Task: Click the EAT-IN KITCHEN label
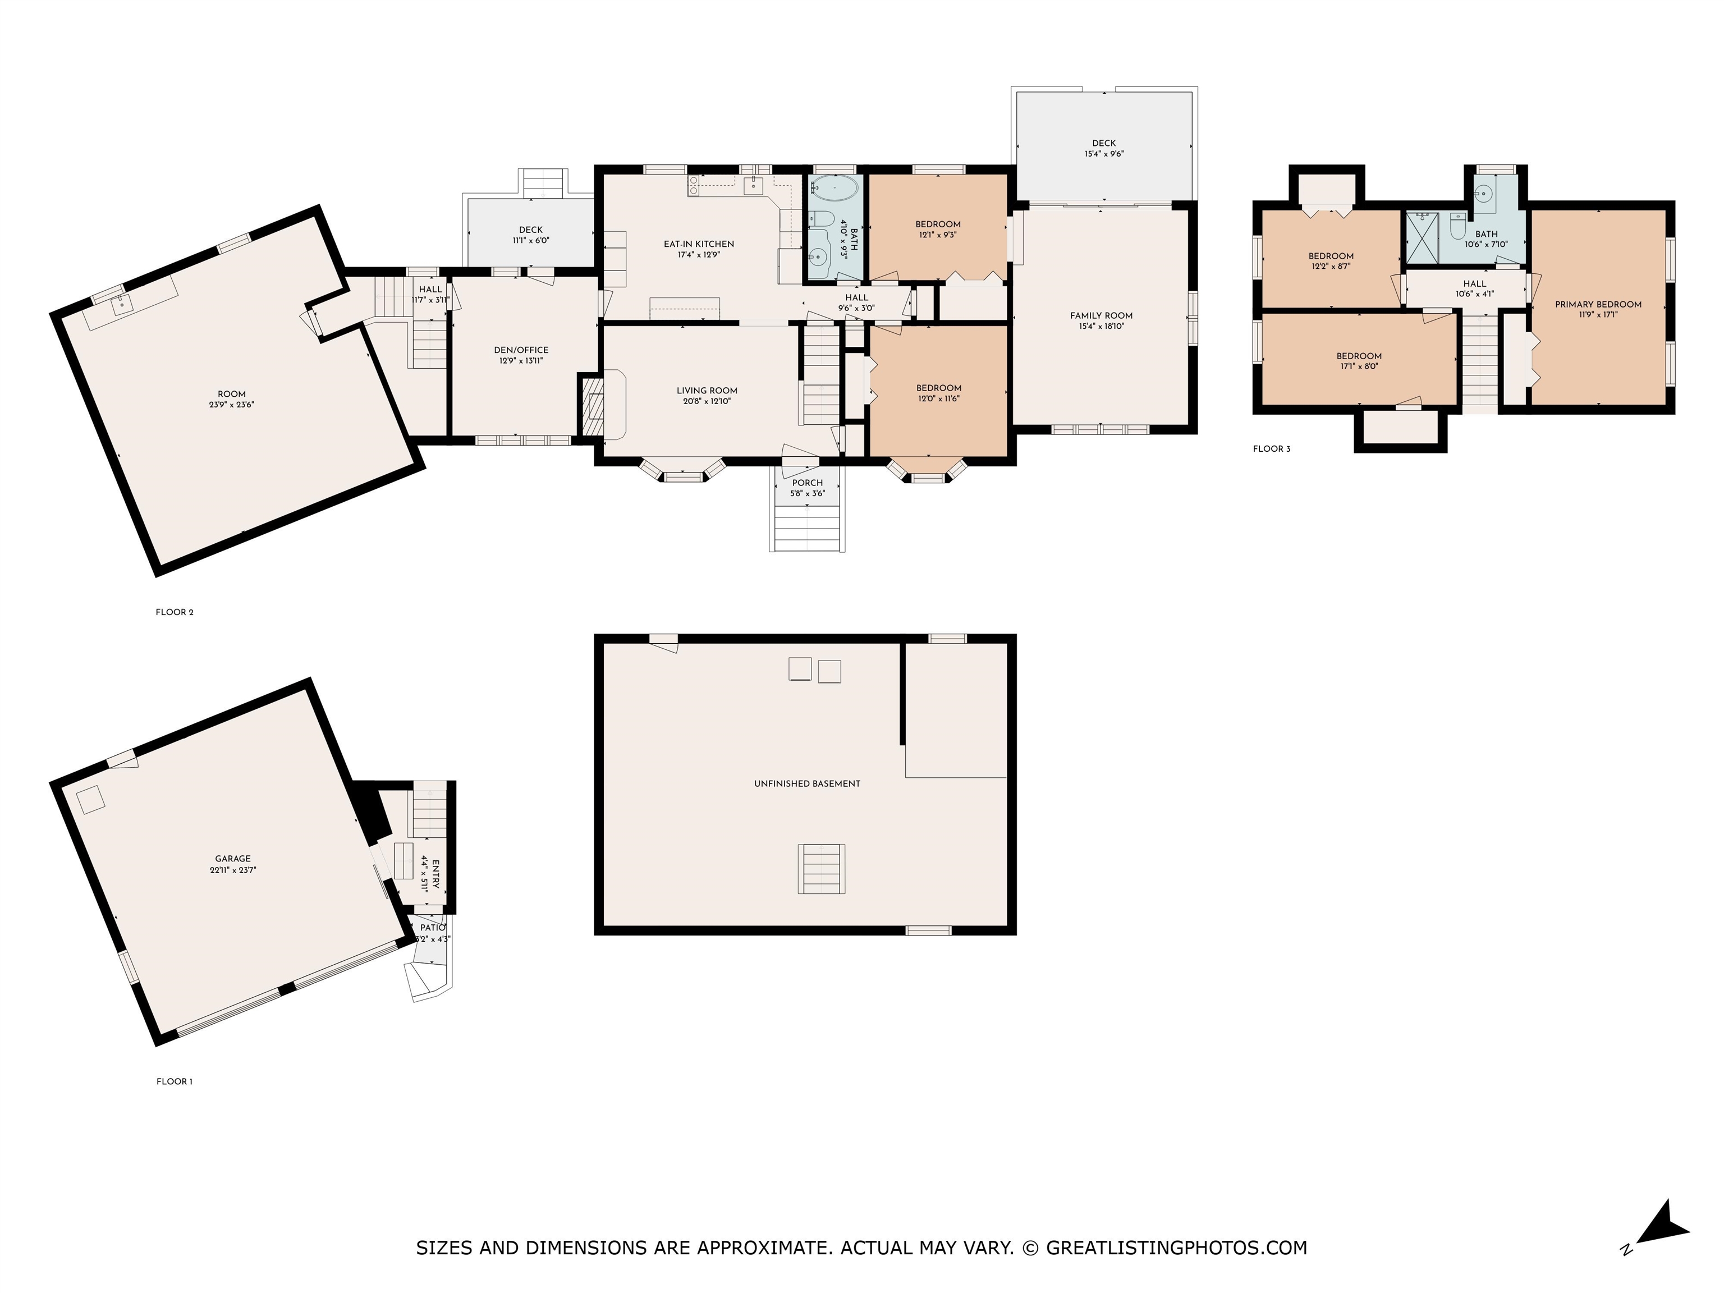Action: tap(698, 244)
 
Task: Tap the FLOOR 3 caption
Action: tap(1271, 449)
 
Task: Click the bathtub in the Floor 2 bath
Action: tap(835, 188)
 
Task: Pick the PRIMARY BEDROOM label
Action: tap(1598, 305)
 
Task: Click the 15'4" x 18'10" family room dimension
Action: tap(1101, 327)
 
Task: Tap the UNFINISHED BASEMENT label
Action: tap(806, 783)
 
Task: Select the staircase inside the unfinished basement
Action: tap(820, 868)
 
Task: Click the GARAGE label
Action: tap(233, 859)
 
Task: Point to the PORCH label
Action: tap(808, 483)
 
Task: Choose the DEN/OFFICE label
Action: tap(521, 350)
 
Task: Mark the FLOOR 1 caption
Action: tap(175, 1082)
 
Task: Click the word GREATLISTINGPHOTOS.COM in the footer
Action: tap(1176, 1248)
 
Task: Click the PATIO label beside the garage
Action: tap(433, 928)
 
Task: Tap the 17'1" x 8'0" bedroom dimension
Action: tap(1359, 366)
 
